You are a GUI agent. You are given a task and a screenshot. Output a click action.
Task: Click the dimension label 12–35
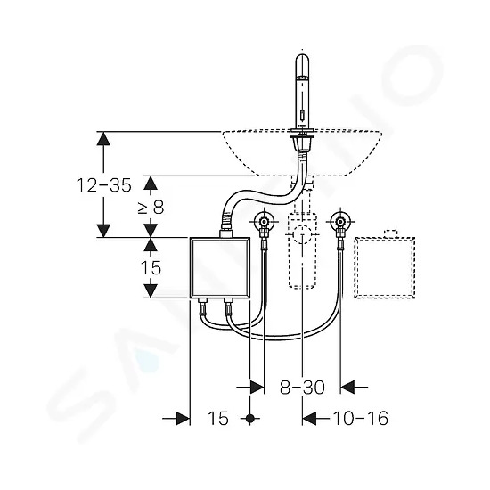(104, 185)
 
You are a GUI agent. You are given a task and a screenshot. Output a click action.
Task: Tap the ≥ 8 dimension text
(151, 207)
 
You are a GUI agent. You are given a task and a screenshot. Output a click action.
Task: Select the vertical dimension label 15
(151, 268)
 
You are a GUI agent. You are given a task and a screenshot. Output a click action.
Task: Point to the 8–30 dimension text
(302, 388)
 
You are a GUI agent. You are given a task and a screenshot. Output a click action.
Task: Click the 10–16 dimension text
(361, 418)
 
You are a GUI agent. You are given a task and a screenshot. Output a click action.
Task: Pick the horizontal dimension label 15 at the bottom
(218, 418)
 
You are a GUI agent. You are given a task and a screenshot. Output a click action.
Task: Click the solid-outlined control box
(220, 267)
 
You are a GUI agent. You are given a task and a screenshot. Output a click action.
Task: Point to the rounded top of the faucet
(302, 60)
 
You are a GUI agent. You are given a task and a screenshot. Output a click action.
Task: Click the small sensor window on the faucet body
(302, 116)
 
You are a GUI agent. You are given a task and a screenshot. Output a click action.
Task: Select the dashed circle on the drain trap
(302, 233)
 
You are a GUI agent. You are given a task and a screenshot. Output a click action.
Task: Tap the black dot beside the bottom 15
(249, 418)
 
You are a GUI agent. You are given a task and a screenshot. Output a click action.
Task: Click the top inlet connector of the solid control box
(226, 233)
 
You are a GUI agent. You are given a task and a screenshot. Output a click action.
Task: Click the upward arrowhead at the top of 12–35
(103, 138)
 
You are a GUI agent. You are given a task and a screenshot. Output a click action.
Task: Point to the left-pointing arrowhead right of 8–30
(347, 388)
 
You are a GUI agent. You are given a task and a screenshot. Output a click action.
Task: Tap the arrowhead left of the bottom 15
(184, 418)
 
